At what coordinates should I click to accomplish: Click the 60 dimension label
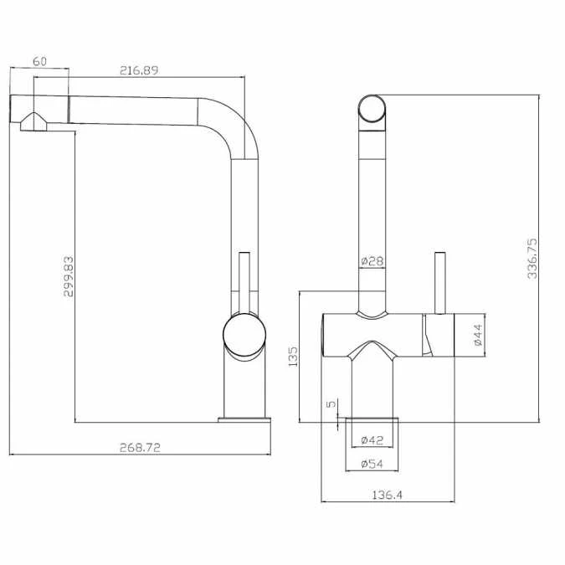click(x=39, y=61)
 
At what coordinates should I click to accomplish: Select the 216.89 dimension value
click(x=139, y=70)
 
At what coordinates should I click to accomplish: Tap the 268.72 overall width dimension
click(x=140, y=447)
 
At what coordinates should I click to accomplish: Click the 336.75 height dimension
click(x=533, y=258)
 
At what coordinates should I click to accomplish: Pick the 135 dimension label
click(x=292, y=358)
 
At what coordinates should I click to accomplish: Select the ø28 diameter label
click(x=372, y=262)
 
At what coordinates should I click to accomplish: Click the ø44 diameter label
click(x=478, y=335)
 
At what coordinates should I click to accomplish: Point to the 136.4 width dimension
click(x=388, y=495)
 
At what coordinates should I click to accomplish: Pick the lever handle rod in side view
click(x=245, y=280)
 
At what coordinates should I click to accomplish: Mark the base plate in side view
click(x=244, y=419)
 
